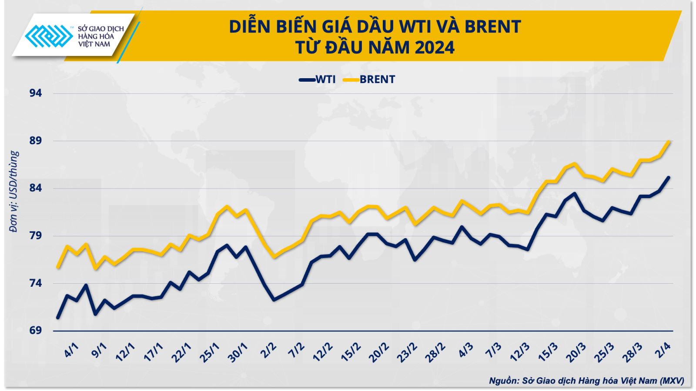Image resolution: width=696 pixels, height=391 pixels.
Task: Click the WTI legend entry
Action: click(x=318, y=80)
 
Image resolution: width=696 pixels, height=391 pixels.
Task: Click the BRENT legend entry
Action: click(x=370, y=80)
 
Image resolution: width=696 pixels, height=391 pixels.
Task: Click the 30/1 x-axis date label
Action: click(x=238, y=351)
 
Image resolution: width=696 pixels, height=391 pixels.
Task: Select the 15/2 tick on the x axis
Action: click(x=351, y=351)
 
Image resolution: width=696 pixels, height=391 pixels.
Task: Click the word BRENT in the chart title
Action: click(x=492, y=27)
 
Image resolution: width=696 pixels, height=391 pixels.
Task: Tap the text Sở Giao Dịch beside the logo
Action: click(x=100, y=29)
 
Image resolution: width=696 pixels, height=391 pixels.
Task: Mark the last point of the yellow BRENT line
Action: click(x=669, y=141)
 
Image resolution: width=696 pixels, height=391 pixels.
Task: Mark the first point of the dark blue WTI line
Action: click(x=57, y=318)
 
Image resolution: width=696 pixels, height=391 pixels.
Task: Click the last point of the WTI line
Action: click(x=669, y=177)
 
